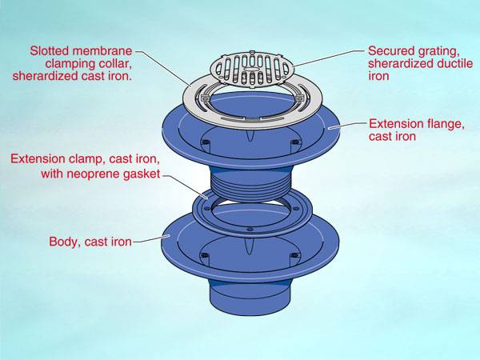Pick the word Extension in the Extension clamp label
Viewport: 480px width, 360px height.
pos(36,159)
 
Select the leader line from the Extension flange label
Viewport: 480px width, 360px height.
pos(352,126)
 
